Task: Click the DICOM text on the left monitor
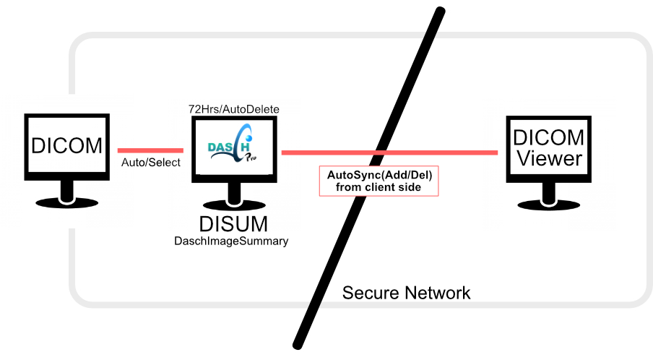click(x=67, y=145)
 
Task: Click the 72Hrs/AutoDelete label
click(x=234, y=109)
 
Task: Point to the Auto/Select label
click(x=150, y=163)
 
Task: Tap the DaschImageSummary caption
click(x=231, y=241)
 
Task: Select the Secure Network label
click(x=406, y=293)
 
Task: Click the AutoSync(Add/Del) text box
click(x=379, y=181)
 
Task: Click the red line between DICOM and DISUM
click(x=150, y=150)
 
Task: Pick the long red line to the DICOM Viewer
click(x=433, y=153)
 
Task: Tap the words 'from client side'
click(x=379, y=187)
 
